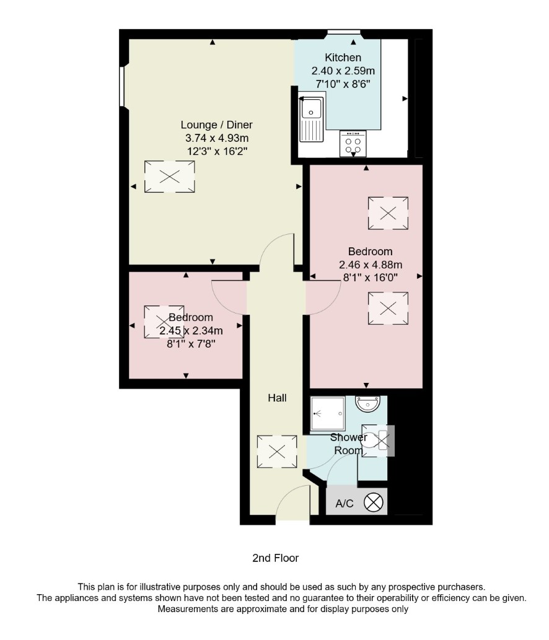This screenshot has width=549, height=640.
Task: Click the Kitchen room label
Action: coord(343,58)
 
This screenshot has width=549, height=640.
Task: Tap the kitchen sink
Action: coord(311,119)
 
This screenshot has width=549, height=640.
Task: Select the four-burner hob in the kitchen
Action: coord(353,144)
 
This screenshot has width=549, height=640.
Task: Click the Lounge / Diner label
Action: coord(216,125)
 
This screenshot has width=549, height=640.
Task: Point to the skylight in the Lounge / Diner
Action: coord(169,177)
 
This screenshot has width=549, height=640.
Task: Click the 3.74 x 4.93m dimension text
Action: coord(217,138)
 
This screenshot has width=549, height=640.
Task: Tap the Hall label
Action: coord(277,398)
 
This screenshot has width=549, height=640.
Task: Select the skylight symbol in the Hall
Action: coord(277,452)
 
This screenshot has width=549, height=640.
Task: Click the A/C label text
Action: coord(344,504)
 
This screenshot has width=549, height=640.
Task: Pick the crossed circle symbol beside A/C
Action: coord(374,502)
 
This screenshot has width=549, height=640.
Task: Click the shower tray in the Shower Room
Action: coord(328,413)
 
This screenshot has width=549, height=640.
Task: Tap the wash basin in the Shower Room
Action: coord(368,404)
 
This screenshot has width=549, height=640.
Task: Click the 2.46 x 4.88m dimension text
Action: coord(371,265)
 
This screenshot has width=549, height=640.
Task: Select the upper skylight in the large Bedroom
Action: coord(388,213)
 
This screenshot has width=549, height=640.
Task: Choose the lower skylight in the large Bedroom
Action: coord(388,308)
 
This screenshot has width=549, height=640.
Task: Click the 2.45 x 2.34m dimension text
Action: coord(191,330)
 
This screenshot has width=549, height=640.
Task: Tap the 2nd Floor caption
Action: coord(276,558)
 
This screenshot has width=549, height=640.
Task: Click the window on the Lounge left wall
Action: coord(121,87)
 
